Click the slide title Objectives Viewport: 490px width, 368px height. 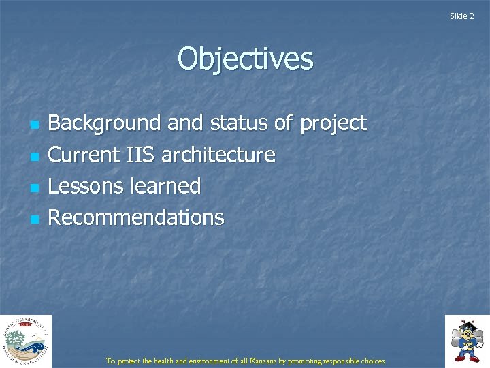pos(245,59)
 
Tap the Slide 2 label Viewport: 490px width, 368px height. pos(461,16)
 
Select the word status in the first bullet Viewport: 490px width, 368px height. pos(239,123)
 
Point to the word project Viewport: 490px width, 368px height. pos(333,124)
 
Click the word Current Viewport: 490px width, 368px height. pos(83,155)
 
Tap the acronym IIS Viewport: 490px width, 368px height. pos(138,155)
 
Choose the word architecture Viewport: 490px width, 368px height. pos(218,155)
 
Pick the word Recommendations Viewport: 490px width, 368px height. pos(136,217)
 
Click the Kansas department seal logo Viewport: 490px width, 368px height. pos(26,341)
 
